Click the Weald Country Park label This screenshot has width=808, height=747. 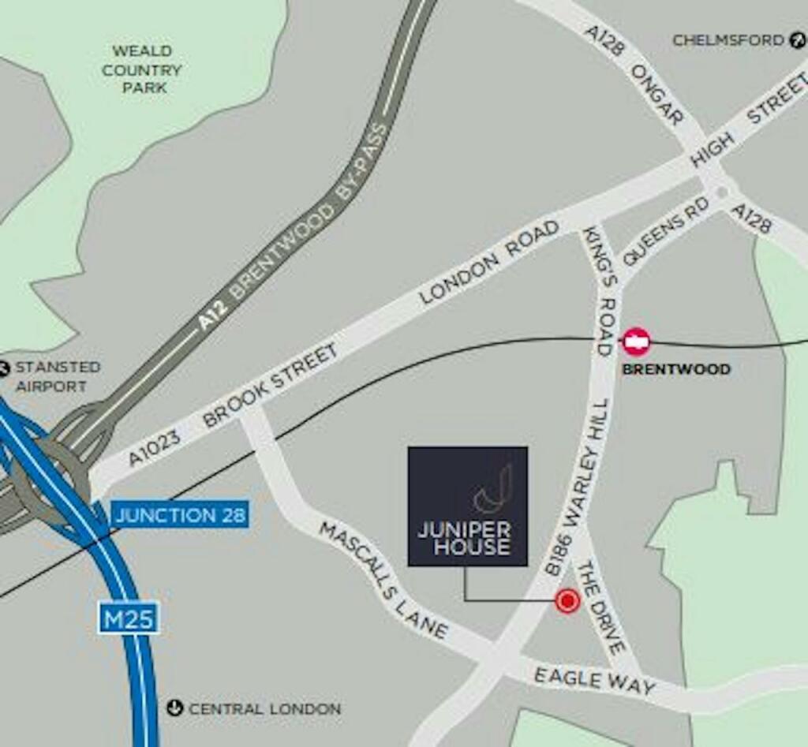pyautogui.click(x=141, y=69)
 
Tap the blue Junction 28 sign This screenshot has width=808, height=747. pyautogui.click(x=180, y=516)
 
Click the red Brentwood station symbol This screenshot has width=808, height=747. pyautogui.click(x=636, y=342)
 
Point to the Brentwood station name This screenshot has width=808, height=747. pyautogui.click(x=676, y=369)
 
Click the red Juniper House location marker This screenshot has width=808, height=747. pyautogui.click(x=567, y=601)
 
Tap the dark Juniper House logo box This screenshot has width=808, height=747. pyautogui.click(x=467, y=506)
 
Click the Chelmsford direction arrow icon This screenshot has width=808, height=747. pyautogui.click(x=797, y=40)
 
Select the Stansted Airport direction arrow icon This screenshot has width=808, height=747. pyautogui.click(x=4, y=368)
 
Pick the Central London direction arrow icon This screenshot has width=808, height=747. pyautogui.click(x=174, y=708)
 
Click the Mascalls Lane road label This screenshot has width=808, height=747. pyautogui.click(x=383, y=580)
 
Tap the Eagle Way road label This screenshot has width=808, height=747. pyautogui.click(x=594, y=681)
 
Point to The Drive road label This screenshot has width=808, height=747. pyautogui.click(x=602, y=607)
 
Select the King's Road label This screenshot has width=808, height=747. pyautogui.click(x=598, y=292)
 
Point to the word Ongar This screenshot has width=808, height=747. pyautogui.click(x=656, y=95)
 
